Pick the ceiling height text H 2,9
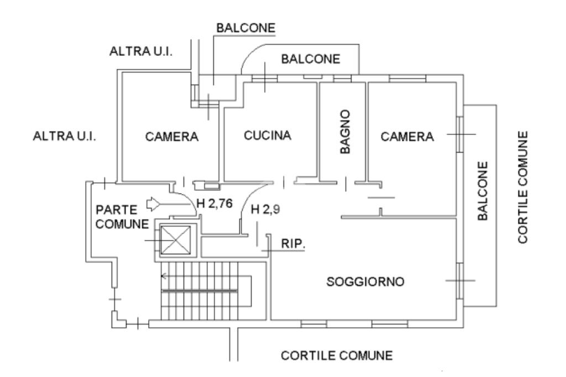(x=264, y=210)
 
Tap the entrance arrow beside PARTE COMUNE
(x=159, y=205)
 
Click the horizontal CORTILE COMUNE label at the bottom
(x=337, y=355)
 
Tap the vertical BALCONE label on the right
(x=483, y=192)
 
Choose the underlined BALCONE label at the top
(x=246, y=28)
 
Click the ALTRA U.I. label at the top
(x=141, y=51)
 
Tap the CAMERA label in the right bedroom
(x=407, y=137)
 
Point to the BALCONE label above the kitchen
(x=310, y=59)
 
